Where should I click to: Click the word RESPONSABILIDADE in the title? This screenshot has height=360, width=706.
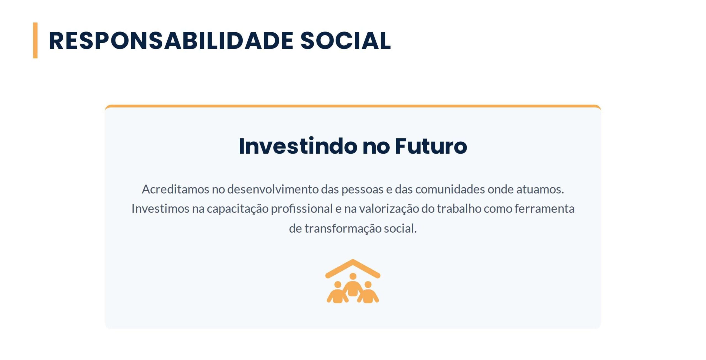click(171, 41)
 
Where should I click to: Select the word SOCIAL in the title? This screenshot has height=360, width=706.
click(346, 41)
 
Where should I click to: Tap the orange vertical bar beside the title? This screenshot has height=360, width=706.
click(35, 40)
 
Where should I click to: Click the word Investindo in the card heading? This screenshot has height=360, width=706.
click(298, 146)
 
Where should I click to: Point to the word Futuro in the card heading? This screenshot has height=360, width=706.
click(431, 146)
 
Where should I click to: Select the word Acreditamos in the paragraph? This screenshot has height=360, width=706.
click(175, 189)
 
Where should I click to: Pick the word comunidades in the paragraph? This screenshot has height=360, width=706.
click(450, 189)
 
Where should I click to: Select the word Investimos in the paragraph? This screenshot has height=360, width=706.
click(161, 209)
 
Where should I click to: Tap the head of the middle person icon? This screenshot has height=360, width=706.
click(353, 276)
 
